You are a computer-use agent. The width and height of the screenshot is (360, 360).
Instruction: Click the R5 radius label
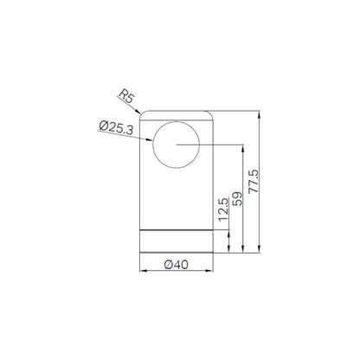(126, 96)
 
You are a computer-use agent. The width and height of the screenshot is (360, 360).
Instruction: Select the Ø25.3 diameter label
(116, 128)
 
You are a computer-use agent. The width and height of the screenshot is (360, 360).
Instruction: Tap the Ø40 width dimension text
(177, 265)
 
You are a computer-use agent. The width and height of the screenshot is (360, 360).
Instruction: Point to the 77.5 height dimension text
(254, 181)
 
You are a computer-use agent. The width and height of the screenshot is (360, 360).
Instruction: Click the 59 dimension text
(238, 199)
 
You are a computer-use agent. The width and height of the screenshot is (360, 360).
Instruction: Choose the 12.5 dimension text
(223, 209)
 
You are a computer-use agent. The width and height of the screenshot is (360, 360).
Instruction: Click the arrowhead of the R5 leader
(138, 111)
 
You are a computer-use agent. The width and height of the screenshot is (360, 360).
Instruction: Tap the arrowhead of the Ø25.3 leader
(149, 140)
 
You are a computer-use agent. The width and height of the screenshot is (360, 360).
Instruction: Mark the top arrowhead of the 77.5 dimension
(260, 114)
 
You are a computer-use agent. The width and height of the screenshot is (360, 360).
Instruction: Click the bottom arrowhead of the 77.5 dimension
(260, 249)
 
